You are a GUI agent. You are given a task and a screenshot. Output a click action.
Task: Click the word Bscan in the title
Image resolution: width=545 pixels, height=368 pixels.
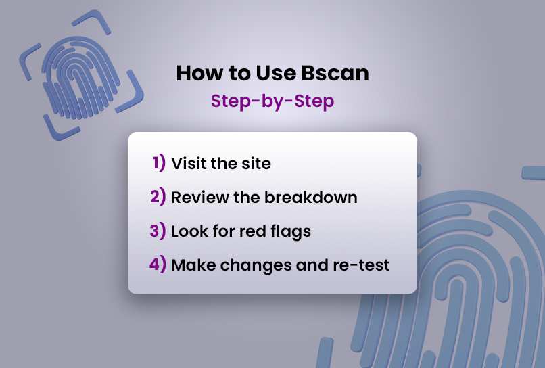point(335,73)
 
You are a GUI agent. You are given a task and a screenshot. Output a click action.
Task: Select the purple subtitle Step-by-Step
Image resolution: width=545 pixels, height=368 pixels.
point(272,101)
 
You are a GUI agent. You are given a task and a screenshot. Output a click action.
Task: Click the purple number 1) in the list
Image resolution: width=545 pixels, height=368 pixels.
point(159,163)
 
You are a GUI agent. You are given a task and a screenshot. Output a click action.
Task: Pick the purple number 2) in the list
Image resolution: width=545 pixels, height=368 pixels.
point(158,197)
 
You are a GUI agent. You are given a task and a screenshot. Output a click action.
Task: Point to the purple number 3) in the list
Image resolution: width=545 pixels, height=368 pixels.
point(158,231)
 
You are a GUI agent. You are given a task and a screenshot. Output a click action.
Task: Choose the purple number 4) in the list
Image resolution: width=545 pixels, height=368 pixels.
point(158,264)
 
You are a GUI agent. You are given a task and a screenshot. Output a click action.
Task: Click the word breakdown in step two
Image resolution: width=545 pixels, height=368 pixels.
point(311,198)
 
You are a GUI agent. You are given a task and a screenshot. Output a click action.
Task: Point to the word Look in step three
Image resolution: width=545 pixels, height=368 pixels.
point(189,231)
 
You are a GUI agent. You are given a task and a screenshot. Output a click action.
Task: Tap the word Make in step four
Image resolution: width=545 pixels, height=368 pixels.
point(193,265)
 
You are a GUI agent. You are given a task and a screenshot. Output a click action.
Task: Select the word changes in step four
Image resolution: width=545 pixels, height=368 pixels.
point(256,266)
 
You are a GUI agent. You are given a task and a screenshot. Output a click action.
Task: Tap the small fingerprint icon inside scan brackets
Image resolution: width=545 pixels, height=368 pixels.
point(81,76)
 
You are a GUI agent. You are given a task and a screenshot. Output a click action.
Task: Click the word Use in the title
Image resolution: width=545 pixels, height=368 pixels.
point(276,73)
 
